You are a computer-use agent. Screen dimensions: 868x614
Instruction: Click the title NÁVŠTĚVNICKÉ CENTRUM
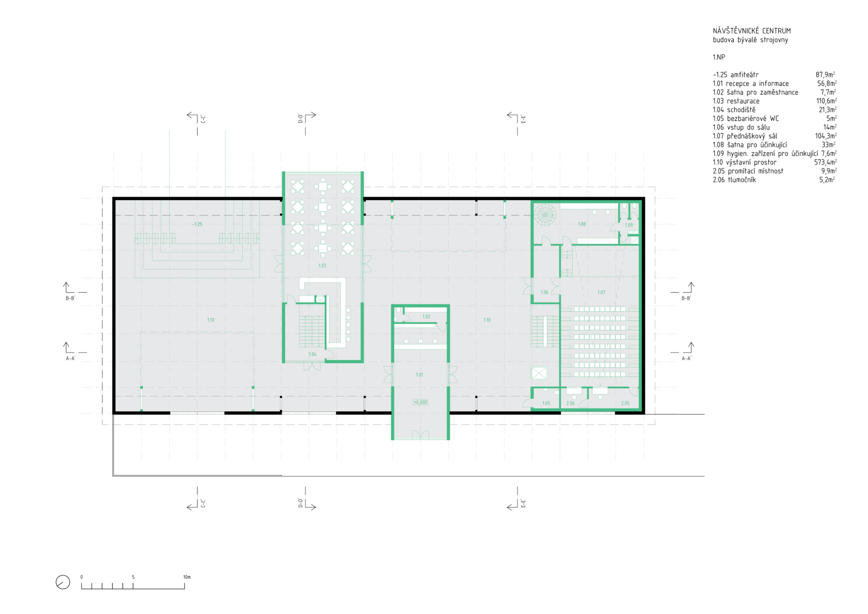pos(751,31)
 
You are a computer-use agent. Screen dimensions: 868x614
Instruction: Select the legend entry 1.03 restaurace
pos(736,101)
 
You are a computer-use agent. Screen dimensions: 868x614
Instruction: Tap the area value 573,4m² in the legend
pos(825,162)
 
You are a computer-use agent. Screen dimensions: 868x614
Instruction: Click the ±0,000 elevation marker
pos(421,402)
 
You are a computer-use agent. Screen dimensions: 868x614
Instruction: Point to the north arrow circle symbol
pos(63,582)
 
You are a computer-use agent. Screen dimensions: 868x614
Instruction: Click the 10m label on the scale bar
pos(187,577)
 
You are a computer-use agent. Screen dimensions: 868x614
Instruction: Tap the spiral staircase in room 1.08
pos(545,215)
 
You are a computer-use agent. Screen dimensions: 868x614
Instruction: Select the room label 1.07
pos(601,292)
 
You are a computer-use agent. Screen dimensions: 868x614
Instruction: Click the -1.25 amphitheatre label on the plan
pos(197,224)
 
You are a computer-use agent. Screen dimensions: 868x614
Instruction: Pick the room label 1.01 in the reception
pos(420,375)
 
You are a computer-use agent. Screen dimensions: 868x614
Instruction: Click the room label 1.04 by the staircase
pos(312,354)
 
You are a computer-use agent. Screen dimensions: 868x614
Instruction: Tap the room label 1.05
pos(546,403)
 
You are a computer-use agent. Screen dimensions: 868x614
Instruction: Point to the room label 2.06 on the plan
pos(570,403)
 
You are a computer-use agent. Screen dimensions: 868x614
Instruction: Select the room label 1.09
pos(629,225)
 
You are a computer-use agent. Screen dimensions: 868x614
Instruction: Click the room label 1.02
pos(426,317)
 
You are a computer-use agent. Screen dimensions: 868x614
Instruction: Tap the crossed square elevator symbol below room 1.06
pos(539,373)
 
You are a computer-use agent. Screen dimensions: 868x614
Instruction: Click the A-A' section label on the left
pos(70,358)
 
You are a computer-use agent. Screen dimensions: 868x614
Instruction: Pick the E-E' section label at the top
pos(523,119)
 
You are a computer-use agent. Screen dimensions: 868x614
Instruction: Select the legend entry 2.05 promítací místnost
pos(748,171)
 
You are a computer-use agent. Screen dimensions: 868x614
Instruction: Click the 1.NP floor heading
pos(719,57)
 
